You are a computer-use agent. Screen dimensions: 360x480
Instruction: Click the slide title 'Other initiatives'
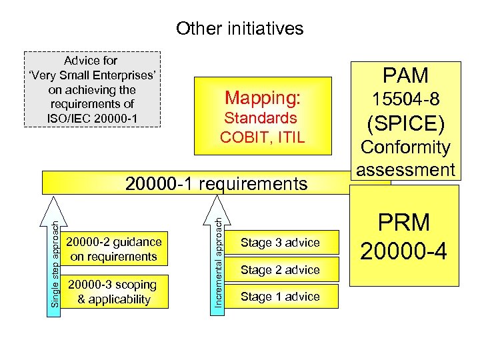(239, 28)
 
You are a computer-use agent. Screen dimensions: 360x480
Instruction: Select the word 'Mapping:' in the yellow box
(263, 98)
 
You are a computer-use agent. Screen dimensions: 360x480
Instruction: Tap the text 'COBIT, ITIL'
(263, 137)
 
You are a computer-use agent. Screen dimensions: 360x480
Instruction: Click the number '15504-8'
(405, 99)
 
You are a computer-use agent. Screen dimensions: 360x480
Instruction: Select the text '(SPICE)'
(405, 124)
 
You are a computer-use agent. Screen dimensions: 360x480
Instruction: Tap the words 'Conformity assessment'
(405, 158)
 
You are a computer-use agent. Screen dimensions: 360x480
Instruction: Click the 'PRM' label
(405, 223)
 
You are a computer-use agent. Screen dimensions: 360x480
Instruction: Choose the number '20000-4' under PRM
(405, 250)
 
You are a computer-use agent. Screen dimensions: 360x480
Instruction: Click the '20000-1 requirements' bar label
(217, 183)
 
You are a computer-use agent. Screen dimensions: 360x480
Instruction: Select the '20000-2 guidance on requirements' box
(115, 249)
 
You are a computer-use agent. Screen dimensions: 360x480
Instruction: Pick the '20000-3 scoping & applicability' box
(115, 292)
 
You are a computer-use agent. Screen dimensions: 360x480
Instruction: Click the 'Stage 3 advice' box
(280, 243)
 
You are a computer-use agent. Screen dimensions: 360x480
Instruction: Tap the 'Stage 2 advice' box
(280, 270)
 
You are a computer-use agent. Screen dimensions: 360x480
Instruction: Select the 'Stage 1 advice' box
(280, 297)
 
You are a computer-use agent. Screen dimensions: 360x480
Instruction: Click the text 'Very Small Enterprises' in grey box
(92, 75)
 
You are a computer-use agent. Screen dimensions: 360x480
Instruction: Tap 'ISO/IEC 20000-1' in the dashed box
(92, 117)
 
